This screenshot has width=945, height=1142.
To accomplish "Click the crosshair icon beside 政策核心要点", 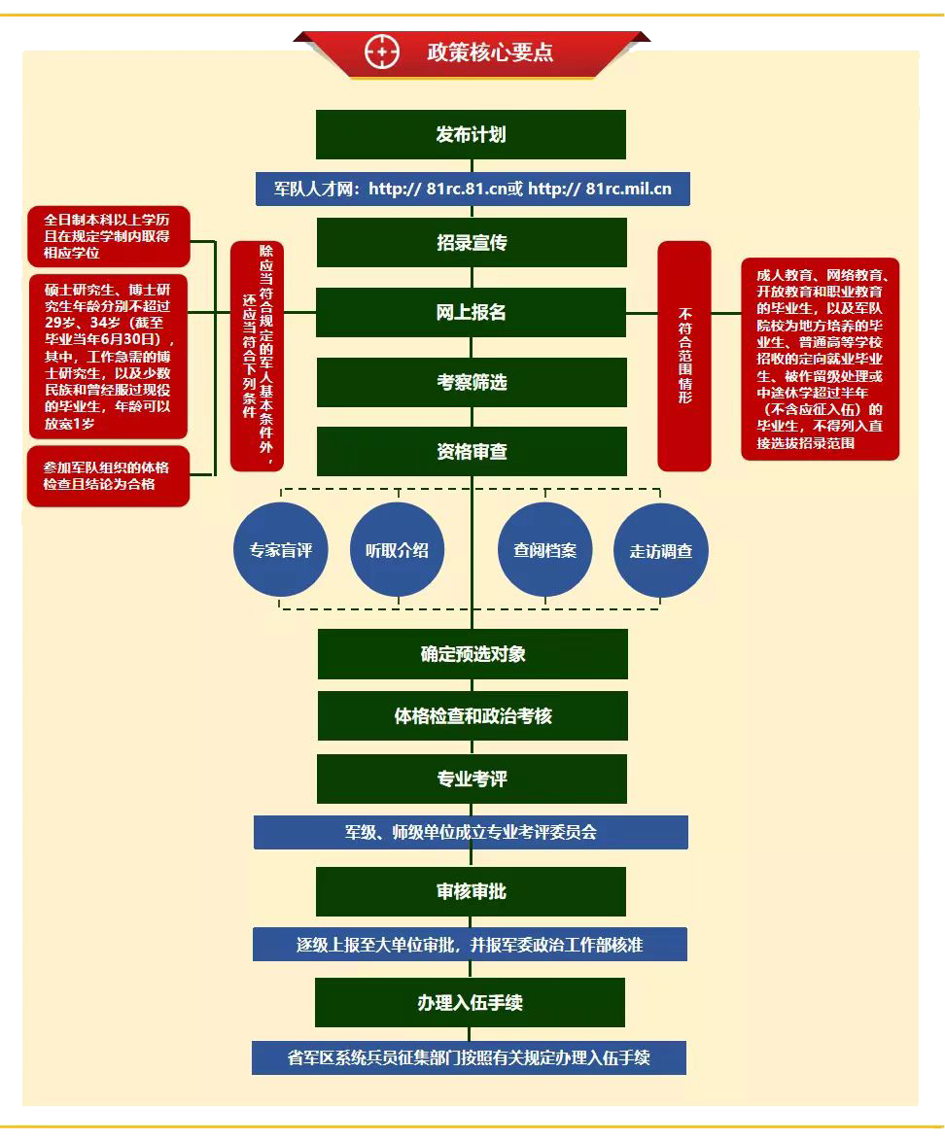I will pyautogui.click(x=382, y=52).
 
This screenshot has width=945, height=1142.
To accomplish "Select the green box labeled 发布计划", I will pyautogui.click(x=471, y=134).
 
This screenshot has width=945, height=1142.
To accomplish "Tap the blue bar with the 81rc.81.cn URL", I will pyautogui.click(x=472, y=189).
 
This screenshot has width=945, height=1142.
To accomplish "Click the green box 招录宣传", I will pyautogui.click(x=471, y=242).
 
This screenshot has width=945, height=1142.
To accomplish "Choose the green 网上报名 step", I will pyautogui.click(x=471, y=312).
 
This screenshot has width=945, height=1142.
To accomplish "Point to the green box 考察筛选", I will pyautogui.click(x=471, y=382).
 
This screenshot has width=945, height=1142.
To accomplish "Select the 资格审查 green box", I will pyautogui.click(x=471, y=452).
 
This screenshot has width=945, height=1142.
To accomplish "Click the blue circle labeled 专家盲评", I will pyautogui.click(x=281, y=550).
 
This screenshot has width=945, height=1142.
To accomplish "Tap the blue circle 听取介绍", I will pyautogui.click(x=397, y=550).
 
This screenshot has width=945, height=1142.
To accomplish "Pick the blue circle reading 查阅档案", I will pyautogui.click(x=544, y=550).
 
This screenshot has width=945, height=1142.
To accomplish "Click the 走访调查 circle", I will pyautogui.click(x=661, y=551).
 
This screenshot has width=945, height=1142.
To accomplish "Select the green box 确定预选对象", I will pyautogui.click(x=472, y=653).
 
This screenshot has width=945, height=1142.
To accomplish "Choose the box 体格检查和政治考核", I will pyautogui.click(x=472, y=716).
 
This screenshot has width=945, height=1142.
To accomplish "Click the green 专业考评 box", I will pyautogui.click(x=472, y=779).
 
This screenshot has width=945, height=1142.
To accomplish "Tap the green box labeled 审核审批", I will pyautogui.click(x=471, y=891).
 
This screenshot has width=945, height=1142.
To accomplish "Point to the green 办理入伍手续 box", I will pyautogui.click(x=470, y=1002).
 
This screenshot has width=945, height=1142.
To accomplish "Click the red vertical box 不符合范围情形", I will pyautogui.click(x=684, y=356).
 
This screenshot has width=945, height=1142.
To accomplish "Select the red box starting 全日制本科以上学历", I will pyautogui.click(x=108, y=237).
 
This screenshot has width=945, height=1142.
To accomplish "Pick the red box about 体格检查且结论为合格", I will pyautogui.click(x=108, y=476).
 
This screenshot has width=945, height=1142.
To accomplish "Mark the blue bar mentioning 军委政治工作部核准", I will pyautogui.click(x=470, y=945).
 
